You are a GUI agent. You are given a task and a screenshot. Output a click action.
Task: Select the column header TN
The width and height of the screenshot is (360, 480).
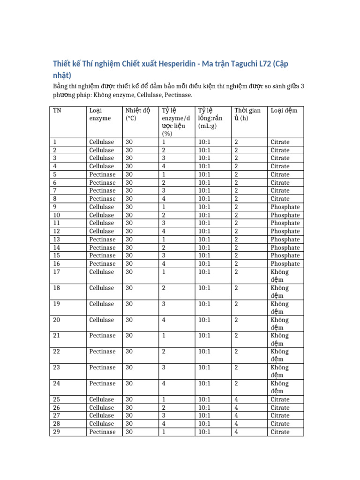point(57,111)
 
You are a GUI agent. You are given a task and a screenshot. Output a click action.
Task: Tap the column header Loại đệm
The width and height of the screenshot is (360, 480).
point(284,111)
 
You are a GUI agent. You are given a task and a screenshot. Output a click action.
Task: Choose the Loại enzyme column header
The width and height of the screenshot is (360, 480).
point(100,114)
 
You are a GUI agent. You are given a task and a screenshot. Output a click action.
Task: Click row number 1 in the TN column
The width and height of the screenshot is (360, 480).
point(55,142)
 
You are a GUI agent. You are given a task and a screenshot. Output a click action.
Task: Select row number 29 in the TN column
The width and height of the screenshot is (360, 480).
point(57,432)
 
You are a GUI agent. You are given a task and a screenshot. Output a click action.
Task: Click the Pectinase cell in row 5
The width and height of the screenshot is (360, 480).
point(102,174)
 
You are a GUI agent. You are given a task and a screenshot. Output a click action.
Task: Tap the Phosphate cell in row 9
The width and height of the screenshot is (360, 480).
point(285,207)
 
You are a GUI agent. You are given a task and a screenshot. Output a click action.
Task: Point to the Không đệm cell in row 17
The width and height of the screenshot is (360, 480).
point(280,276)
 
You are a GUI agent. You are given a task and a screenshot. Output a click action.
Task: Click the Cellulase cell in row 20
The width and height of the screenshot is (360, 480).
point(101,320)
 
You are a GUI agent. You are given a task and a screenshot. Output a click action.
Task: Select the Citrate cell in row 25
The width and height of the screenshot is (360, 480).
point(280,399)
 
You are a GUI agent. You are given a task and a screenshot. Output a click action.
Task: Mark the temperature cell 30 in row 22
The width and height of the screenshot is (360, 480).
point(129,352)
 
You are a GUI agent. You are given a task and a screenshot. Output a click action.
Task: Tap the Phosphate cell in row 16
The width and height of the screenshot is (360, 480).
point(285,263)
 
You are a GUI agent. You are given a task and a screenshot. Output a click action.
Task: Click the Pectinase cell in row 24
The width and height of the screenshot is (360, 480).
point(102,383)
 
